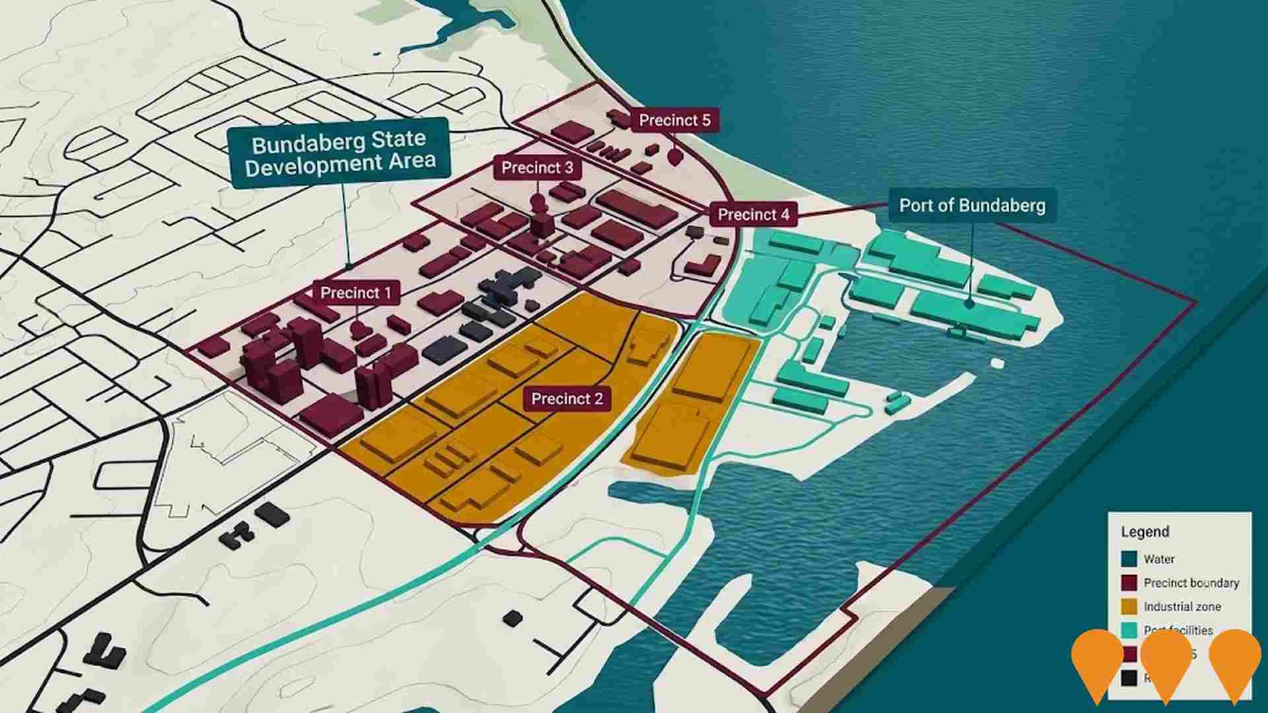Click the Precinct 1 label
(x=355, y=292)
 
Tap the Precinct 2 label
(x=567, y=399)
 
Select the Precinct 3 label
(x=537, y=168)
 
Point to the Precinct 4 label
(x=753, y=215)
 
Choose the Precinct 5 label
(x=674, y=120)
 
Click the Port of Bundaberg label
(x=972, y=205)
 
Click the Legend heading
(x=1145, y=532)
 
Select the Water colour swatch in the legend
(x=1129, y=559)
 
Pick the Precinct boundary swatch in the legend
(x=1129, y=583)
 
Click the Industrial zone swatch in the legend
(x=1129, y=607)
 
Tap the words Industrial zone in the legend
(x=1182, y=607)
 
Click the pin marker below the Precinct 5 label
(x=674, y=157)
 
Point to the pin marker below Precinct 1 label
(x=358, y=327)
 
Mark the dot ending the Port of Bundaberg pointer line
(x=969, y=304)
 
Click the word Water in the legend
(x=1159, y=559)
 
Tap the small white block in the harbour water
(x=997, y=364)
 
